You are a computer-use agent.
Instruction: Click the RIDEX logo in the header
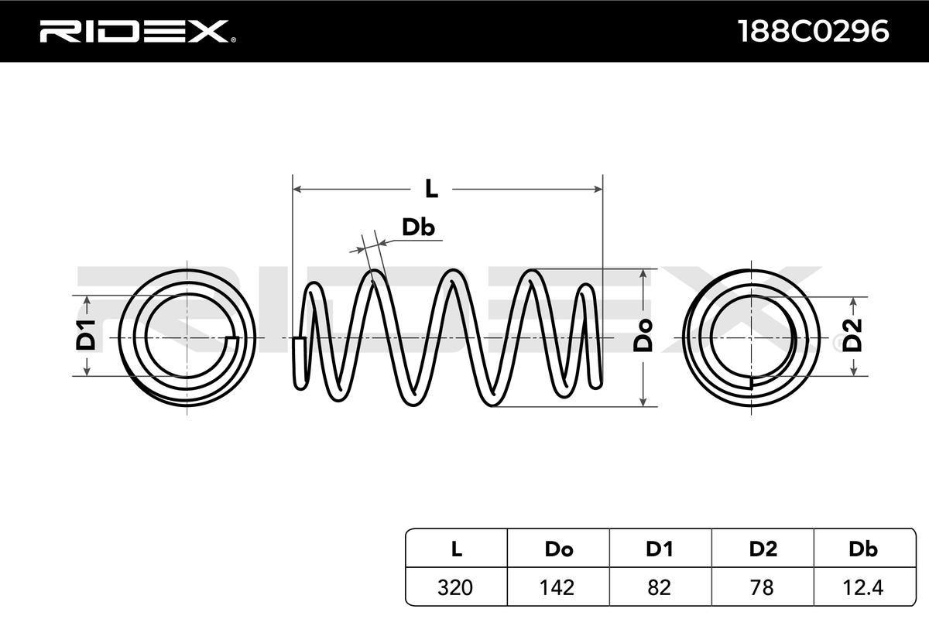coord(138,32)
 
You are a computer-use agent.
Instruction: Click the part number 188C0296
coord(814,32)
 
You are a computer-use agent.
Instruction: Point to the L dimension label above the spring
coord(431,190)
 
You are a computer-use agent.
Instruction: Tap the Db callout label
coord(418,227)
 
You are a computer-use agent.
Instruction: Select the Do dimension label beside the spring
coord(643,336)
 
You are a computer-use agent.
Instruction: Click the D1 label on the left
coord(86,335)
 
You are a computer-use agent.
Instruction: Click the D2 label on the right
coord(853,335)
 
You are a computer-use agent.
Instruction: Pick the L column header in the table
coord(456,549)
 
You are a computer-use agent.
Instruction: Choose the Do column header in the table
coord(559,549)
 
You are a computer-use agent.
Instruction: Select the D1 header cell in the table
coord(659,549)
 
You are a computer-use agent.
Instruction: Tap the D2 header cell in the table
coord(763,549)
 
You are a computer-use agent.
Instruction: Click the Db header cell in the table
coord(863,549)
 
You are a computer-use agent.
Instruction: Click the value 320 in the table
coord(455,587)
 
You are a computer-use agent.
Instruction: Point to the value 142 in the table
coord(557,587)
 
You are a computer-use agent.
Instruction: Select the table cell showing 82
coord(659,587)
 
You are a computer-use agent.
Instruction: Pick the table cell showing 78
coord(762,587)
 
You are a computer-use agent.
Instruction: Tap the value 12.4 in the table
coord(863,587)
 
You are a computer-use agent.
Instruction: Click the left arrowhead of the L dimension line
coord(297,190)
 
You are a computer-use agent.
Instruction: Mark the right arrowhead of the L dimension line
coord(598,190)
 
